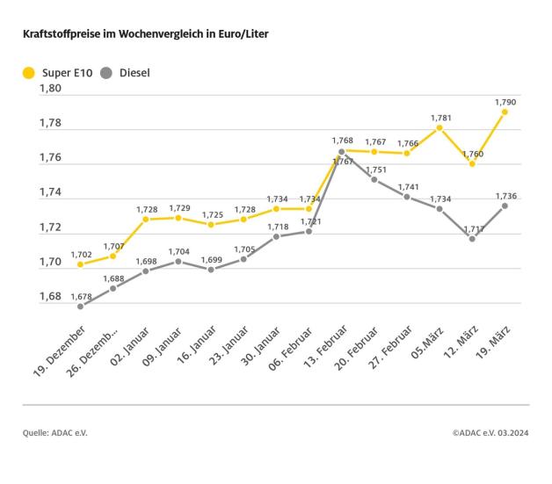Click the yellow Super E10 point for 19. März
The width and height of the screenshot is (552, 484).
coord(505,112)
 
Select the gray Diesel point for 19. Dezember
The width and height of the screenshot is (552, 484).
coord(80,306)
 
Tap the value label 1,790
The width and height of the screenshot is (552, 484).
coord(505,100)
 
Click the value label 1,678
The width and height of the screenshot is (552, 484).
coord(80,295)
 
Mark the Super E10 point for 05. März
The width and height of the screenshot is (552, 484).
coord(439,127)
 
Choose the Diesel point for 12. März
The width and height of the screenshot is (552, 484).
coord(472,238)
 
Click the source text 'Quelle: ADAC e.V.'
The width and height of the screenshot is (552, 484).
coord(55,433)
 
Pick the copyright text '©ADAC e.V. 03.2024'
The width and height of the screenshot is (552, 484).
coord(490,433)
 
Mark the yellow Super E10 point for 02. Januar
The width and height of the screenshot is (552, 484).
coord(145,219)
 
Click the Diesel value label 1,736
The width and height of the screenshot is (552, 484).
coord(505,195)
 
